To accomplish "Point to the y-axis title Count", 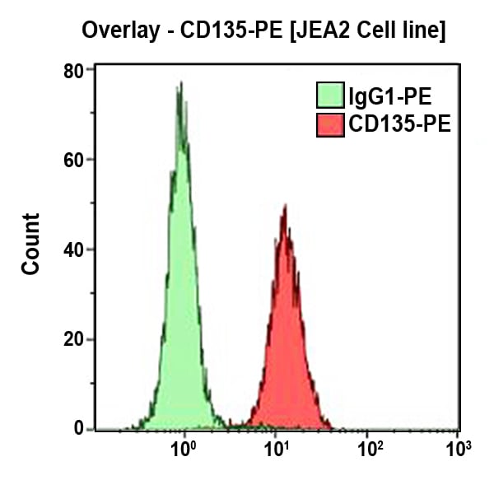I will tap(30, 244).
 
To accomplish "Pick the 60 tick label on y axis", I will tap(74, 160).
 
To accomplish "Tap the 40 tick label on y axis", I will tap(74, 249).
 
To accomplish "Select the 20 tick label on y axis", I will tap(74, 339).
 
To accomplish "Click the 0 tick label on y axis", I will tap(79, 428).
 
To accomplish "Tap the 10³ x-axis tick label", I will tap(458, 450).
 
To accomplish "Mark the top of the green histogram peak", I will tap(179, 83).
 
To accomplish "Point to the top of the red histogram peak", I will tap(284, 207).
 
